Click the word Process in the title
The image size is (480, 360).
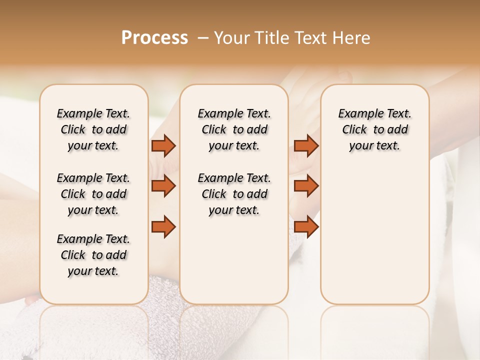coord(154,38)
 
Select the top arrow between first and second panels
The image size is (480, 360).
coord(163,146)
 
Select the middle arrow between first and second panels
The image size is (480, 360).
coord(163,186)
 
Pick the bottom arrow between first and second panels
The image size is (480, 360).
coord(163,227)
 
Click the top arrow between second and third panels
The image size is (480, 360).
coord(306,146)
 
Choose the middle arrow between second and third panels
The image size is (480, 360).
coord(306,186)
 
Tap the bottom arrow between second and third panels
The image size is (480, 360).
coord(306,227)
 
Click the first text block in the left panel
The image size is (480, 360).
coord(93,129)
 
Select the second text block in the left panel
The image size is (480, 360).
coord(93,194)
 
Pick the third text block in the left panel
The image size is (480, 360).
coord(93,255)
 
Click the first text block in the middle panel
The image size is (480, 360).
coord(234,129)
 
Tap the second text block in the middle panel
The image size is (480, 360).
coord(234,194)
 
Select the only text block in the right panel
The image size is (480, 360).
coord(374,129)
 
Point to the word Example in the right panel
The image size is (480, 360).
coord(357,114)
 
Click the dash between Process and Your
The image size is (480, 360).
coord(202,38)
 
